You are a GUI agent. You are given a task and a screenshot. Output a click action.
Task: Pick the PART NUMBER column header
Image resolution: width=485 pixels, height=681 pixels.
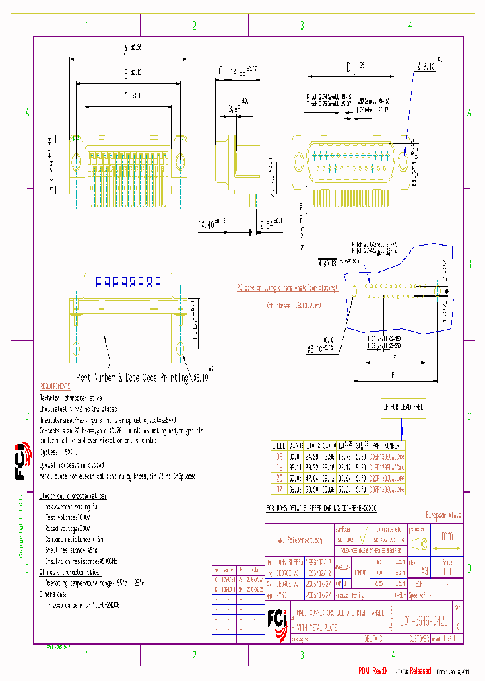386,445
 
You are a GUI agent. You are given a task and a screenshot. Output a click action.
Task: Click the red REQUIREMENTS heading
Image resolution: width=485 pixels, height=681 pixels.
55,387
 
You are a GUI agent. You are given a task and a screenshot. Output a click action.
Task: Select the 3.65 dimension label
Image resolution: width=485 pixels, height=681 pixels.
234,108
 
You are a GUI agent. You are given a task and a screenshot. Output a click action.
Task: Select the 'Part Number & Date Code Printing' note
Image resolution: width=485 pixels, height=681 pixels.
132,378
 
